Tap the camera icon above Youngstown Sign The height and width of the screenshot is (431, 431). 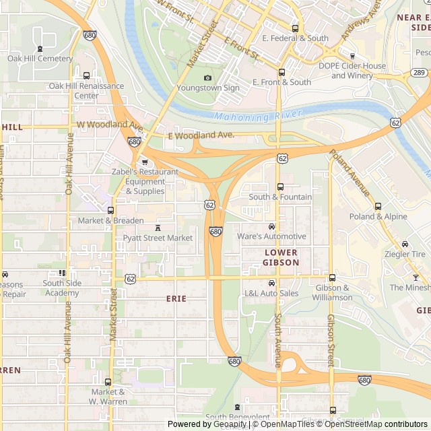[207, 77]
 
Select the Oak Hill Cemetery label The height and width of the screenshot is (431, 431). [40, 59]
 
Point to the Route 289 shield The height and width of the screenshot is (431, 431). [418, 72]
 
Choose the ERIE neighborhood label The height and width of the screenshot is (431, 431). [176, 298]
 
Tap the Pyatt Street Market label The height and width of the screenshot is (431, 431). [158, 238]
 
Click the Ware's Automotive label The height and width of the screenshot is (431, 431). [271, 236]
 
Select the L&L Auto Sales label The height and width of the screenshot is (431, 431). [271, 293]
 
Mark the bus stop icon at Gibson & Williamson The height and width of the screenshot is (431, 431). [332, 277]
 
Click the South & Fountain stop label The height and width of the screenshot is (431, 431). [280, 197]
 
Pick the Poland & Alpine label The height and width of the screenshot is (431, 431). [378, 216]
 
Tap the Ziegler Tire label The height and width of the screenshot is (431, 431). [405, 254]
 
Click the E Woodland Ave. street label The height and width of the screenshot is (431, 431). [201, 135]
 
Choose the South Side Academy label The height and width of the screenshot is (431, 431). [61, 288]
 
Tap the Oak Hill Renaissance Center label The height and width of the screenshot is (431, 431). [86, 91]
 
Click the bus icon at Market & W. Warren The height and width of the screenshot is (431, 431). [109, 381]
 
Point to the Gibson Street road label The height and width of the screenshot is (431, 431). [330, 340]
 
